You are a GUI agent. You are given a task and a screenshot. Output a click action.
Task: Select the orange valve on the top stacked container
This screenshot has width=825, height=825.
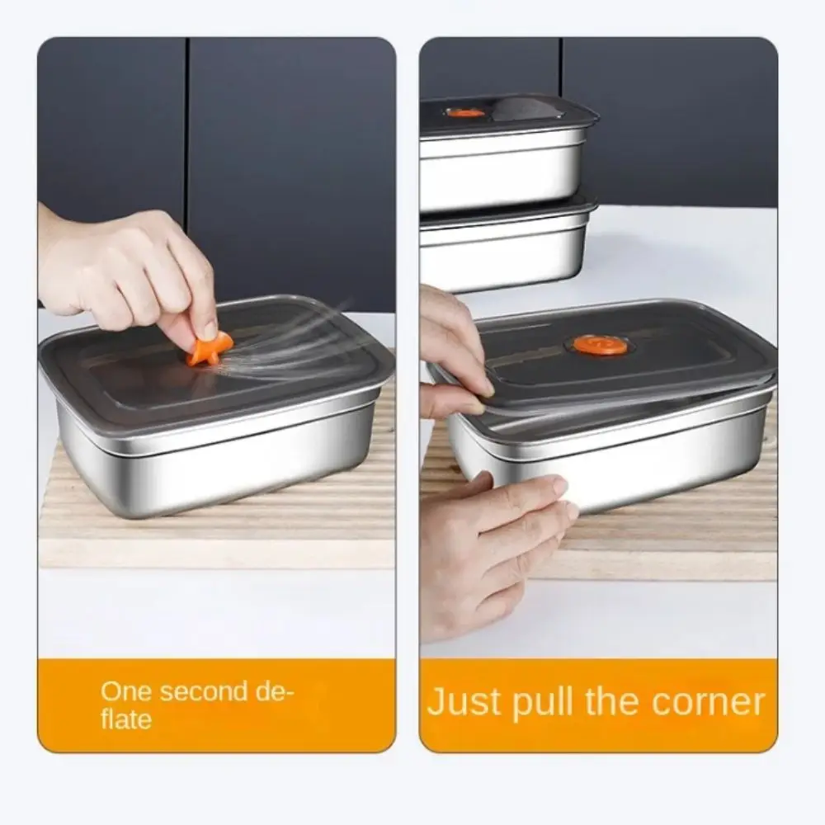465,112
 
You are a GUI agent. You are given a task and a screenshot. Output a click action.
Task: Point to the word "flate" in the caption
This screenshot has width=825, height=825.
126,719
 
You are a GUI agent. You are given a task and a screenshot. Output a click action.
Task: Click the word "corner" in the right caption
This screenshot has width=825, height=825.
708,703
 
